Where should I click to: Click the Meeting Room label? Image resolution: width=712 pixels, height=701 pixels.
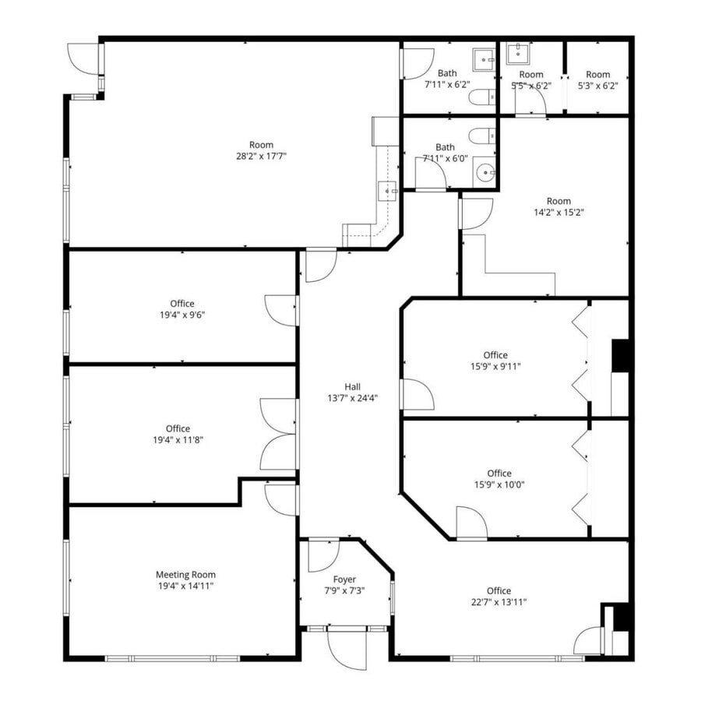click(185, 575)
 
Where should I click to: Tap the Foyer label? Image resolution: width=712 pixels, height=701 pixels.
click(344, 579)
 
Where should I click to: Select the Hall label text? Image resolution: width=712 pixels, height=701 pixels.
click(353, 386)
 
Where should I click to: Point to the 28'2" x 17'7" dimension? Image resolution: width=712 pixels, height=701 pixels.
click(262, 156)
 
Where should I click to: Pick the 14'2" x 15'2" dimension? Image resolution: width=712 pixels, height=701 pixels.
click(559, 212)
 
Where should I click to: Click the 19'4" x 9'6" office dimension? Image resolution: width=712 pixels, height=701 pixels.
click(182, 315)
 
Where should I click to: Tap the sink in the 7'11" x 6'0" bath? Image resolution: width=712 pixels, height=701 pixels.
click(485, 171)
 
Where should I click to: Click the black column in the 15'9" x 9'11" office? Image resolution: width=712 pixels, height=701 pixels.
click(620, 356)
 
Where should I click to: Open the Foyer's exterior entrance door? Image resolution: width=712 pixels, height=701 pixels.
click(347, 649)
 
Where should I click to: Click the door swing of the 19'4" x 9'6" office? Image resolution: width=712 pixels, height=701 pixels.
click(282, 310)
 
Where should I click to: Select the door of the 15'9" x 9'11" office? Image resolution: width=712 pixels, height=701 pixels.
click(417, 394)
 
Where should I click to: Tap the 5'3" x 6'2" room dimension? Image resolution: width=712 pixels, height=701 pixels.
click(597, 86)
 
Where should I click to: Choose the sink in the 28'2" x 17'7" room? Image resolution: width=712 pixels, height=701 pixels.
click(387, 189)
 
